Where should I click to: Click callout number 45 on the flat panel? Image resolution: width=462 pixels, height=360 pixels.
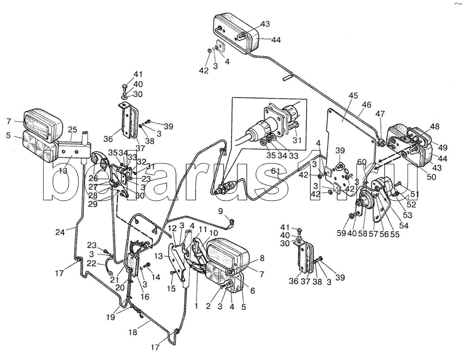coord(353,96)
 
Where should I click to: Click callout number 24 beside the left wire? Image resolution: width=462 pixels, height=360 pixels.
coord(60,232)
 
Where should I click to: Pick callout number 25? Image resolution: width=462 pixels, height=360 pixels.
coord(72,130)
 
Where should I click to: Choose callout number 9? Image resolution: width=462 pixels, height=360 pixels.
coord(220,211)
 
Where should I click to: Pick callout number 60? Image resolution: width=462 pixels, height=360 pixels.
coord(361,161)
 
